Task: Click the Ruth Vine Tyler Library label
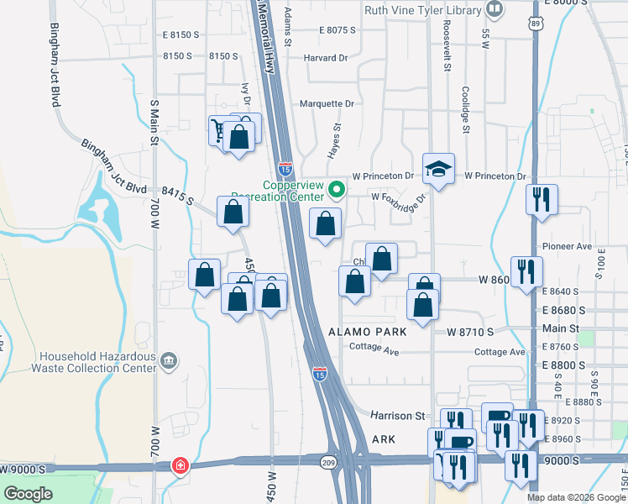422,10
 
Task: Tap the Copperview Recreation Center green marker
337,189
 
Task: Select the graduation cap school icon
438,170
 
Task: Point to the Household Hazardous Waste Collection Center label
93,362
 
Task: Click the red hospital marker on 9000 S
180,466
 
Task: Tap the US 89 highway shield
536,25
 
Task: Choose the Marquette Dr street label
327,104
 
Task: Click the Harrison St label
398,415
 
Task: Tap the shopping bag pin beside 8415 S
233,213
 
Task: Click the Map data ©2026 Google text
576,497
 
